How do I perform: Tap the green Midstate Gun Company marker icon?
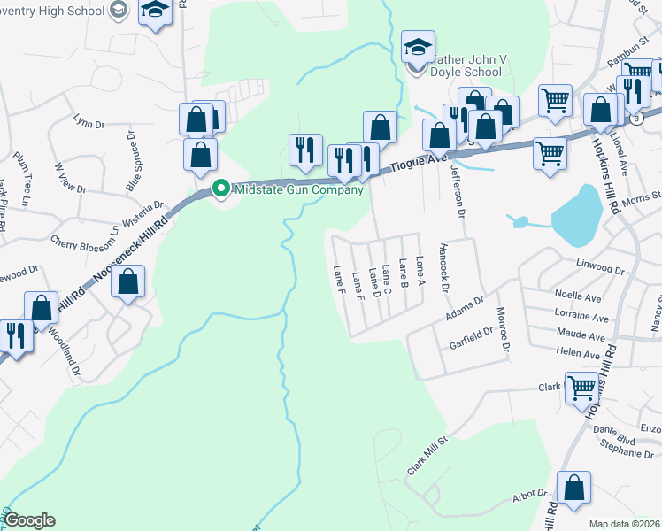coord(222,189)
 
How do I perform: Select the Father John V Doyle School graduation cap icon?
coord(418,46)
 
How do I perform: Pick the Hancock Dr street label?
coord(445,265)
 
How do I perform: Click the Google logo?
coord(30,519)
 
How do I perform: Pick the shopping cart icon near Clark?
coord(581,388)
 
